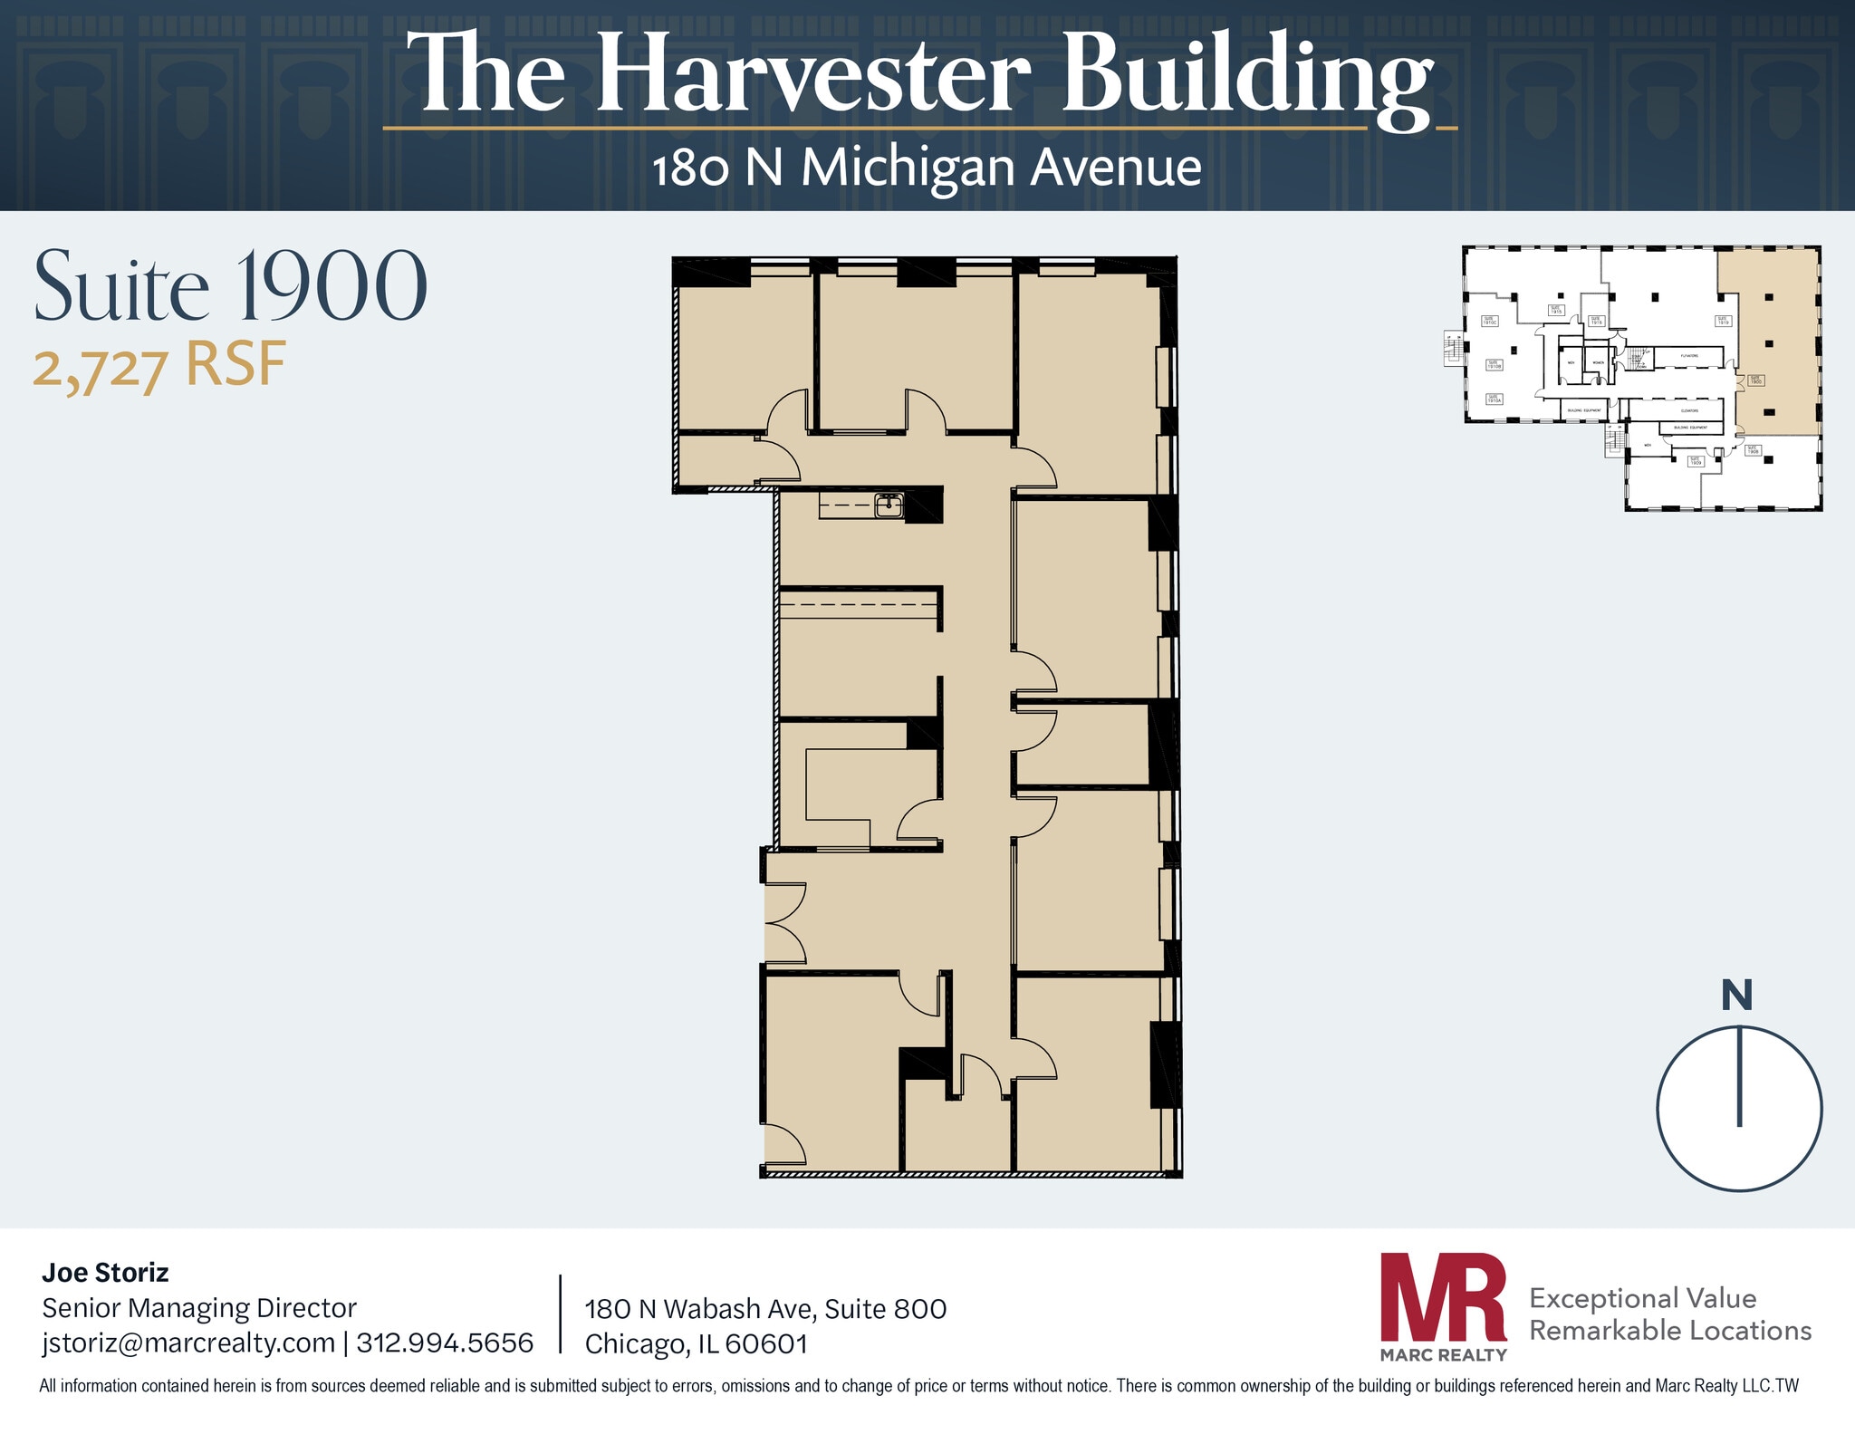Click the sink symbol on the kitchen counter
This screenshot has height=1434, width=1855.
coord(889,505)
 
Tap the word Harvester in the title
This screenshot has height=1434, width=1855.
coord(812,74)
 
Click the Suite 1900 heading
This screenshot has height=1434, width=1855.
coord(230,286)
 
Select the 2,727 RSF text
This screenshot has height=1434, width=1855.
coord(159,365)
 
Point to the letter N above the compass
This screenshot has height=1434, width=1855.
coord(1736,996)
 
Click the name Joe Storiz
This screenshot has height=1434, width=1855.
coord(105,1273)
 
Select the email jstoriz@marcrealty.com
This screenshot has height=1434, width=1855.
coord(188,1343)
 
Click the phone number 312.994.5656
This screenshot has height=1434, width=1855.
coord(445,1343)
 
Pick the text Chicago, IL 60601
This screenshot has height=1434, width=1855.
coord(696,1343)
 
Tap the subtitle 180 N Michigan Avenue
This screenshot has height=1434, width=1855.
coord(927,168)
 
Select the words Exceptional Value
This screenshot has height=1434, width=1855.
coord(1642,1298)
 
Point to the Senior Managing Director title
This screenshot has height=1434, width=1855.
coord(199,1308)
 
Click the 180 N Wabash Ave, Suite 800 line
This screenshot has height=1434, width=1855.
coord(765,1309)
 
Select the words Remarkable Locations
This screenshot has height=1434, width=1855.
coord(1669,1331)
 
